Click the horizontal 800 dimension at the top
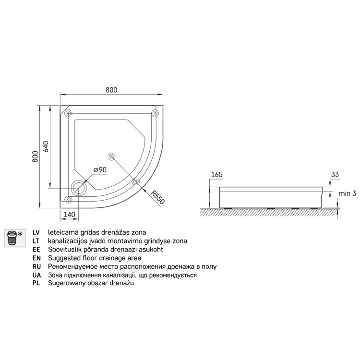[111, 89]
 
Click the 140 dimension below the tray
[71, 214]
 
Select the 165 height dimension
[217, 175]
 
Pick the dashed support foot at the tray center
[111, 156]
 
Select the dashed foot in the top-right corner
[155, 113]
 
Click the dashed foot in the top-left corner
[68, 113]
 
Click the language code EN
[36, 258]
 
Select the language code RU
[36, 266]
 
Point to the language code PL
[36, 284]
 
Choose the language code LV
[36, 232]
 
